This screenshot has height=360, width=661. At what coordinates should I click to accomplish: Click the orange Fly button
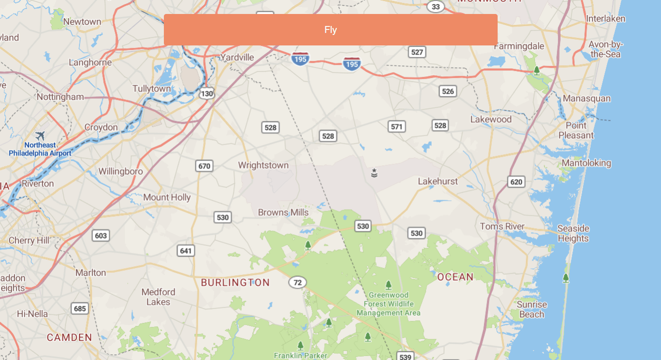[x=330, y=29]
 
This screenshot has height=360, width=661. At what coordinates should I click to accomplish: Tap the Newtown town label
[x=82, y=22]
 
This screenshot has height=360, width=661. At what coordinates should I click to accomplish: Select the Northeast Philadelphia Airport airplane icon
[x=40, y=135]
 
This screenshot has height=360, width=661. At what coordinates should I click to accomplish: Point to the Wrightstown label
[x=263, y=165]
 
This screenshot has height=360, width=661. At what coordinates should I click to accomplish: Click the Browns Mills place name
[x=283, y=213]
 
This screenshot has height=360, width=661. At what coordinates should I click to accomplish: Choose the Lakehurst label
[x=438, y=181]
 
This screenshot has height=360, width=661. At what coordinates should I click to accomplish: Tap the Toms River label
[x=502, y=227]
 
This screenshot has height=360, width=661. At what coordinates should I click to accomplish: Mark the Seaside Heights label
[x=573, y=233]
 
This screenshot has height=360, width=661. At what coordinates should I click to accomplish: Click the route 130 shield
[x=207, y=93]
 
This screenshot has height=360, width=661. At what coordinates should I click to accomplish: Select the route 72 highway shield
[x=297, y=283]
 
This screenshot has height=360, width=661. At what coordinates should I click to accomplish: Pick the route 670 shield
[x=204, y=166]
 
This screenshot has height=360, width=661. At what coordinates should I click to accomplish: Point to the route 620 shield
[x=516, y=182]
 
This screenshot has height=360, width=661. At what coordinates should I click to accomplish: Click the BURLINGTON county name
[x=235, y=283]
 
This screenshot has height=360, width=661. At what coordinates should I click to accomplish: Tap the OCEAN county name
[x=455, y=277]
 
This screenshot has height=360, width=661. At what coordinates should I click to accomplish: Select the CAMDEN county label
[x=69, y=338]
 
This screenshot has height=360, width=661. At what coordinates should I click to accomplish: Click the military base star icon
[x=374, y=173]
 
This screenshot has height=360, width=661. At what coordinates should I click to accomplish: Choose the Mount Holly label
[x=167, y=198]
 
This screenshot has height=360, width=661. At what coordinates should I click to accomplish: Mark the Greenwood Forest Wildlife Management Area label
[x=388, y=304]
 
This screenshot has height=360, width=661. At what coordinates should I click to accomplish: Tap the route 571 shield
[x=397, y=126]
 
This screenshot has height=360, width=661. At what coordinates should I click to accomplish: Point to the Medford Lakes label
[x=158, y=297]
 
